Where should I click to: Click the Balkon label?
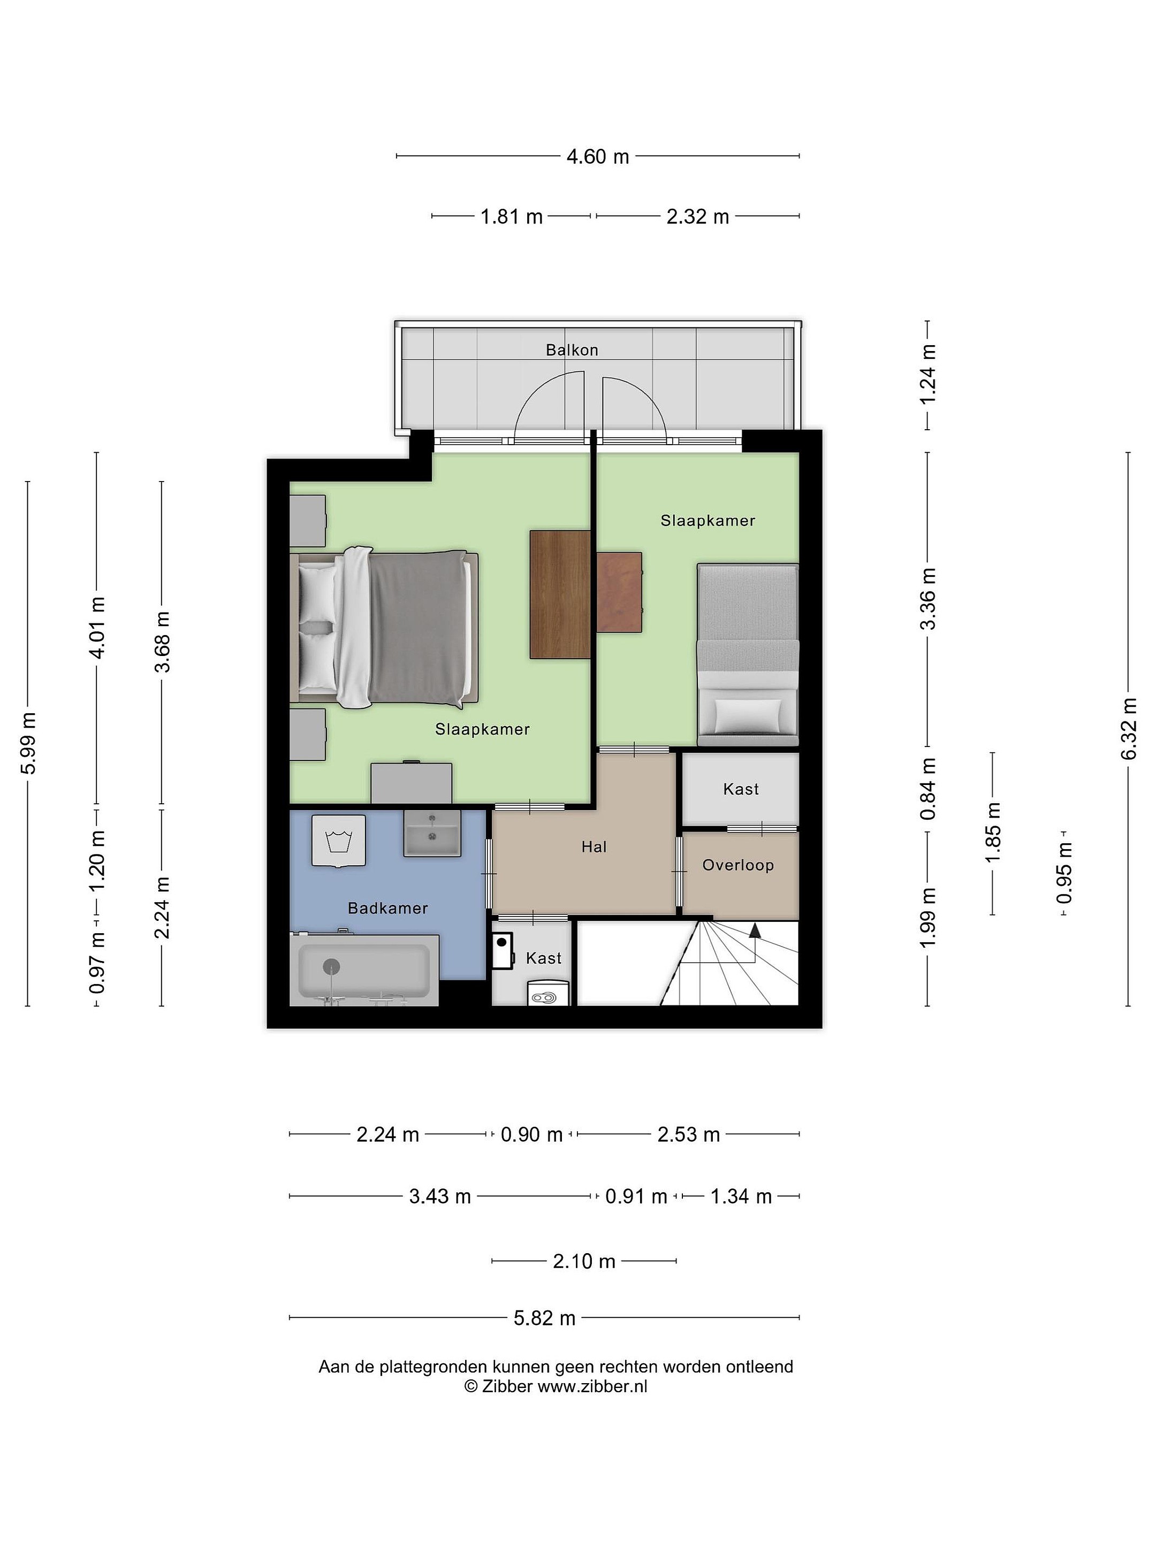[x=572, y=350]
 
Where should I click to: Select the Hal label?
[x=594, y=846]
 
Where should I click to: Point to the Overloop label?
[x=738, y=865]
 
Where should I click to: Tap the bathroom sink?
[x=432, y=833]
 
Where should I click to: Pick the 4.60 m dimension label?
[x=597, y=157]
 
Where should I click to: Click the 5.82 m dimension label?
[x=544, y=1318]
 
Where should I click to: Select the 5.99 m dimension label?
[x=28, y=743]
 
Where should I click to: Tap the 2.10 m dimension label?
[x=584, y=1261]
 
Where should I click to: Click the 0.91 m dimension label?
[x=636, y=1196]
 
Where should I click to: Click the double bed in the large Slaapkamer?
[x=384, y=627]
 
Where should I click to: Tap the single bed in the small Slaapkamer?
[x=748, y=655]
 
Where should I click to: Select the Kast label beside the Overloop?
[x=741, y=789]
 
